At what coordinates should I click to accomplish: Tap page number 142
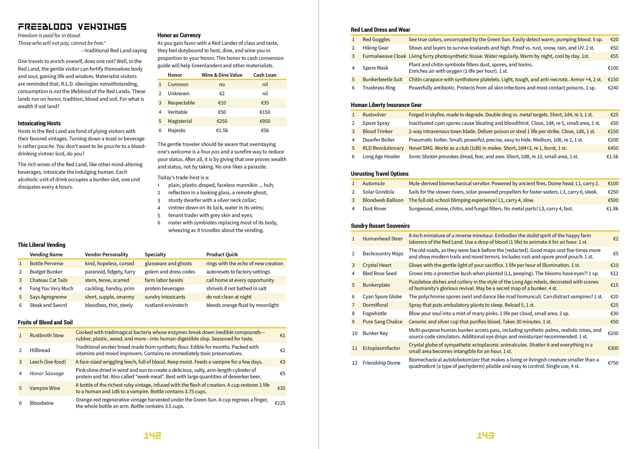click(x=152, y=435)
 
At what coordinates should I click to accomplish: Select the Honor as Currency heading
click(x=179, y=35)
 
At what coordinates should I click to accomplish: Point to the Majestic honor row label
click(x=177, y=130)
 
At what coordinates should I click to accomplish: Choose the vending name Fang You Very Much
click(x=51, y=288)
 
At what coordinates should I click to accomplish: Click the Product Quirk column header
click(x=222, y=254)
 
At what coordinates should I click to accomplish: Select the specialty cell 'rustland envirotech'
click(x=166, y=305)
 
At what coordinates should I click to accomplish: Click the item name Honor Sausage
click(x=47, y=373)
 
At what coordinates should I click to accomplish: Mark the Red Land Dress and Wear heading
click(x=380, y=30)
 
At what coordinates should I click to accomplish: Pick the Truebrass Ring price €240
click(x=613, y=88)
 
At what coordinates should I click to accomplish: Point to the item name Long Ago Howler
click(x=381, y=157)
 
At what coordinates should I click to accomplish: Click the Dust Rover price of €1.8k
click(x=612, y=208)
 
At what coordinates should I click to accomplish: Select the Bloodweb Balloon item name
click(x=383, y=200)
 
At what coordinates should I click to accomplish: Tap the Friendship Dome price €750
click(x=613, y=363)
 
